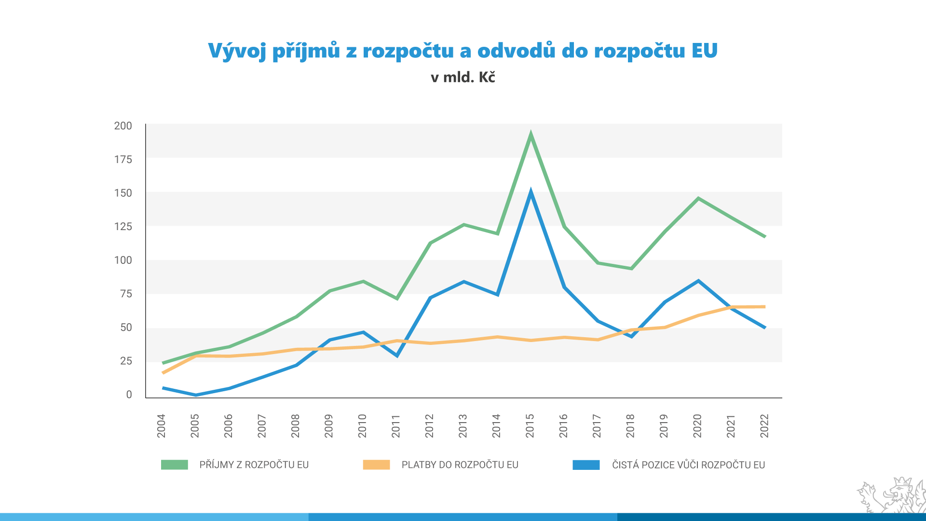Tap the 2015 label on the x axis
point(530,425)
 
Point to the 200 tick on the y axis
point(123,126)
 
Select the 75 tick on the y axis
point(126,294)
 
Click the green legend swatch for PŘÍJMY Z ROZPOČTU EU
point(174,465)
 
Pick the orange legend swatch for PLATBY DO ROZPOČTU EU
point(376,465)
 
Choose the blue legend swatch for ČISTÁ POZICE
point(586,465)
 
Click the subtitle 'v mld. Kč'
point(463,77)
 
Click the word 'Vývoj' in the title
point(237,51)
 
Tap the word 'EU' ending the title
point(705,51)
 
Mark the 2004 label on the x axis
point(161,425)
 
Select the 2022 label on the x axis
point(764,425)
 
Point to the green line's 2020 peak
point(698,198)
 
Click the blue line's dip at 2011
point(396,356)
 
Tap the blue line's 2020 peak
point(698,281)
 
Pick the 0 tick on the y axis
point(129,395)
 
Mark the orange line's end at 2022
point(764,307)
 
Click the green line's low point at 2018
point(631,268)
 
